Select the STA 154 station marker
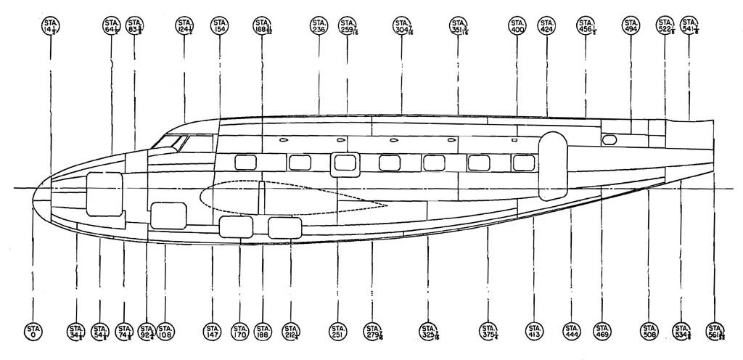[220, 27]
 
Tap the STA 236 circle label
[318, 27]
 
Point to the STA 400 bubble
[517, 27]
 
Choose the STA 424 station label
[547, 27]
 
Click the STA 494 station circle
[631, 27]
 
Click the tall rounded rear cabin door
[552, 165]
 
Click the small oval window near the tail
[609, 139]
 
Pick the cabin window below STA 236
[300, 163]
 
